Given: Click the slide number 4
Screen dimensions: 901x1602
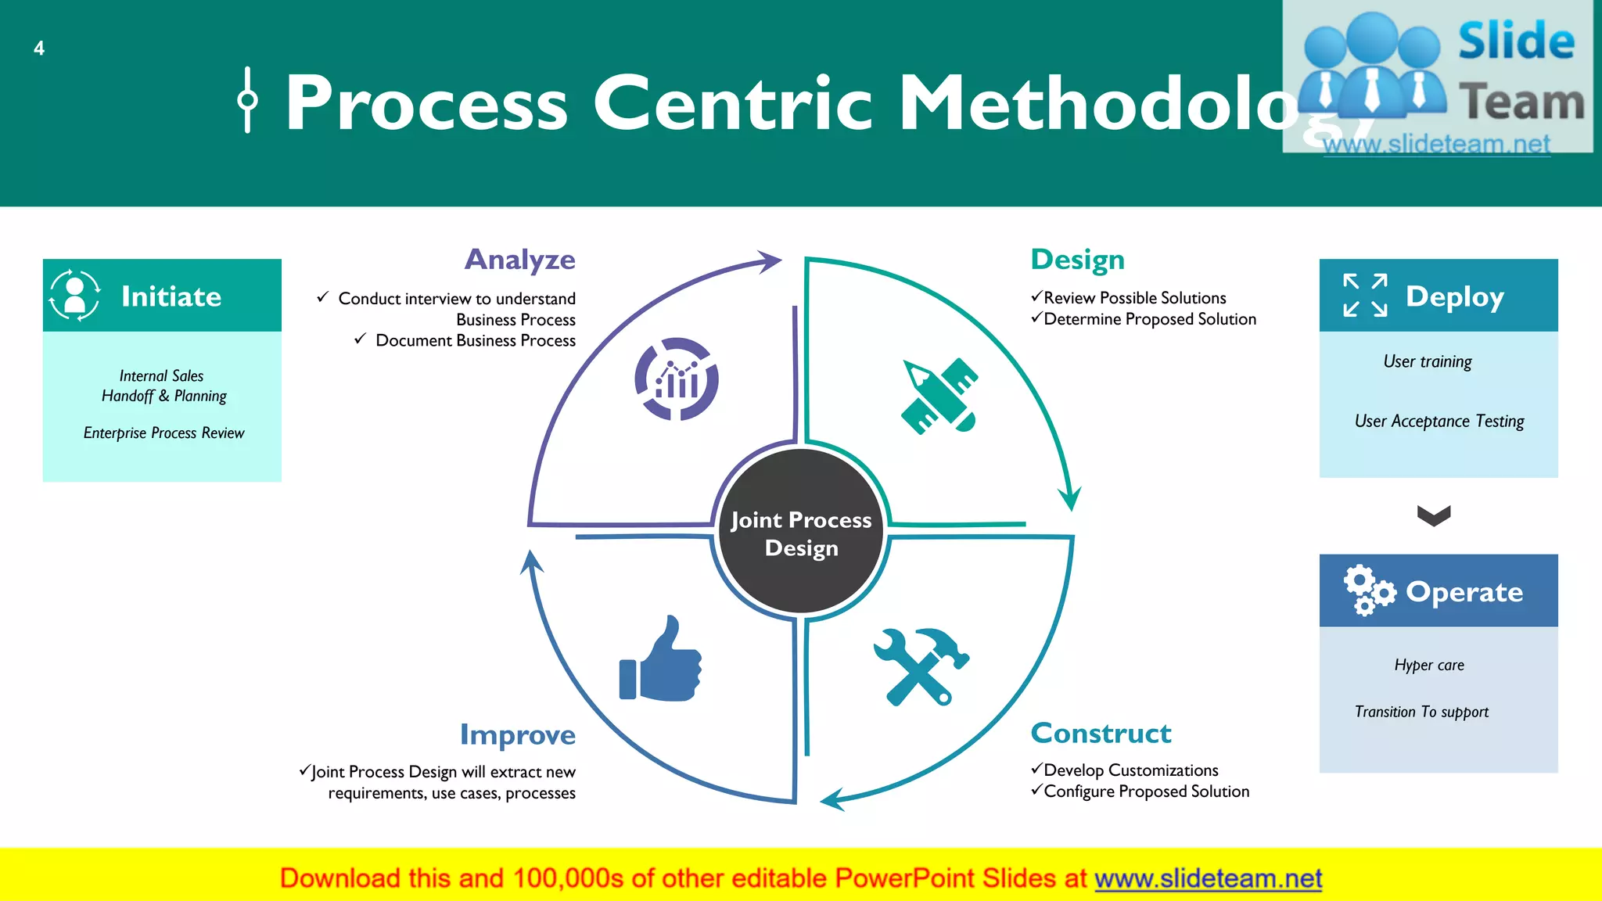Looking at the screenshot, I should click(39, 48).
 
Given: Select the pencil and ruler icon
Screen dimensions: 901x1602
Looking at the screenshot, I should click(939, 396).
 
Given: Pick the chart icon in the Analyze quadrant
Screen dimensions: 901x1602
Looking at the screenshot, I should click(677, 379).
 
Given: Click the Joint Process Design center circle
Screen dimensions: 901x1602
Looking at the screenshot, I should click(801, 533).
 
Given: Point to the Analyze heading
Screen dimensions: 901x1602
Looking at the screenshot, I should click(520, 260).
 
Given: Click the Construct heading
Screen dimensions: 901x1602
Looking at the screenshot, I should click(1101, 734).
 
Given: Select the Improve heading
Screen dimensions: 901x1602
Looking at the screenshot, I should click(518, 735).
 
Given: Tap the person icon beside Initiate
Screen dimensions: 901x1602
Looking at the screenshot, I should click(75, 296).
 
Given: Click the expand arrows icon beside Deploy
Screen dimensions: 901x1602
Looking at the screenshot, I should click(1365, 296).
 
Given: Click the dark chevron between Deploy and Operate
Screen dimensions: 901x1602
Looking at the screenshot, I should click(1434, 515).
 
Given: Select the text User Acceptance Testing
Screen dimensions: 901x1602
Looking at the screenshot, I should click(1439, 422).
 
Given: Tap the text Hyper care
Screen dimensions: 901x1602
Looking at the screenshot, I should click(1429, 666).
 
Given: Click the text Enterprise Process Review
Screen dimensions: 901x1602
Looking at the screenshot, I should click(164, 433).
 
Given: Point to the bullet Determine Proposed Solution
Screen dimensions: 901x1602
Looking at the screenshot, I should click(1150, 319).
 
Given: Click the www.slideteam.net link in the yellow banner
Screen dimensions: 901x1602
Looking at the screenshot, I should click(1208, 878).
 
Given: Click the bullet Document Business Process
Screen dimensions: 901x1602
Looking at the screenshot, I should click(475, 341).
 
